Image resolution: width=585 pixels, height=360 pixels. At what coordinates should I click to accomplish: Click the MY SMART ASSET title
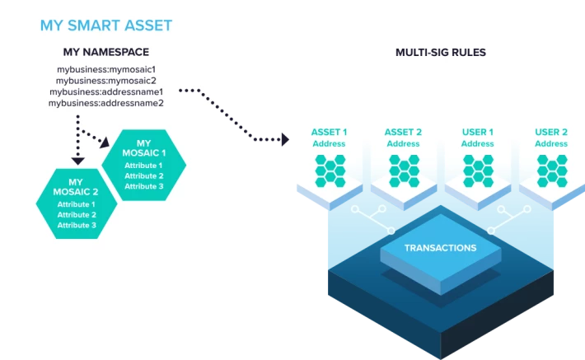click(x=106, y=26)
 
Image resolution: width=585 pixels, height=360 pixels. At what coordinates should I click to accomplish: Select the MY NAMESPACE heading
click(x=106, y=52)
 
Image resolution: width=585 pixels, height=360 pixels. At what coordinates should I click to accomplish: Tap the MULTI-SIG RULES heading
click(x=441, y=52)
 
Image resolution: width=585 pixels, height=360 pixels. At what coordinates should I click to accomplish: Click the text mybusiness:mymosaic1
click(x=106, y=69)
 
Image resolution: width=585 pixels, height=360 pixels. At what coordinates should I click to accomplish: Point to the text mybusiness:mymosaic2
click(x=106, y=81)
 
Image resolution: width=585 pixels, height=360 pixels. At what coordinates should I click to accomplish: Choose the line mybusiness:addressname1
click(x=106, y=91)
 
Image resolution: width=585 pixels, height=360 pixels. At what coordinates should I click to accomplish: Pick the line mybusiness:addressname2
click(x=106, y=103)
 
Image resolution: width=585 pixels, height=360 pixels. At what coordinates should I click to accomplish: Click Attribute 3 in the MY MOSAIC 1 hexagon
click(x=144, y=186)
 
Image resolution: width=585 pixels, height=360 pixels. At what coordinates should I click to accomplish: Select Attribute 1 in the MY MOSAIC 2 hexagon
click(x=76, y=204)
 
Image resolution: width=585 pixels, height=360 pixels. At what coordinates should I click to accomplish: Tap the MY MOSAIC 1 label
click(x=144, y=148)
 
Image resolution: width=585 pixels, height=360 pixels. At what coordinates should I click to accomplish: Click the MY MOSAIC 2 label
click(x=76, y=187)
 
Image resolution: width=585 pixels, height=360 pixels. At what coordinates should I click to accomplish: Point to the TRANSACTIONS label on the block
click(x=441, y=248)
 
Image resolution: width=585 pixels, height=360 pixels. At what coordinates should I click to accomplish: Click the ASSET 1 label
click(x=329, y=132)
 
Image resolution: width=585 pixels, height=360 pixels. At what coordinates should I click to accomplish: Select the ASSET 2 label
click(x=403, y=132)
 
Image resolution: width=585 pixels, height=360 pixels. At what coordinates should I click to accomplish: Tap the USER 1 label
click(x=478, y=132)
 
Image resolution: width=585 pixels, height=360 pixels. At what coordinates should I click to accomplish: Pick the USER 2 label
click(x=551, y=132)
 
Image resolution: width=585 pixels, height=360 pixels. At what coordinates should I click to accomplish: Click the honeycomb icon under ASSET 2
click(x=404, y=171)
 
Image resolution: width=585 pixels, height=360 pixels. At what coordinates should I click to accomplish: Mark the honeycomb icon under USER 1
click(x=478, y=171)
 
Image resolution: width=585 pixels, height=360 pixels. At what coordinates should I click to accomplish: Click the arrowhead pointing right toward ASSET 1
click(x=285, y=139)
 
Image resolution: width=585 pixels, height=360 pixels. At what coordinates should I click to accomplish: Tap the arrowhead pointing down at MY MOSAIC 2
click(x=78, y=161)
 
